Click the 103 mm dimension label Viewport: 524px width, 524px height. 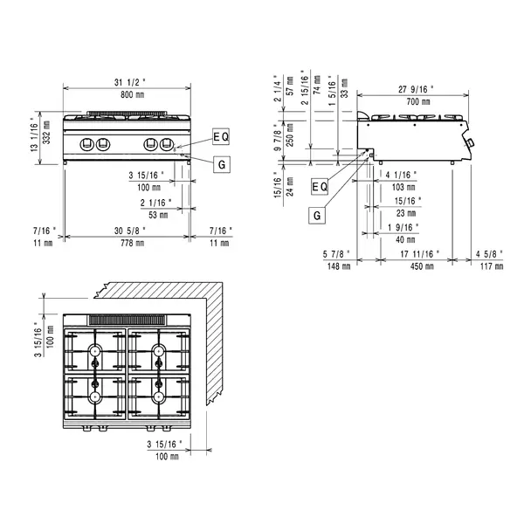click(x=400, y=187)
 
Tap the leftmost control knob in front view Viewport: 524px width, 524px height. click(x=88, y=145)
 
